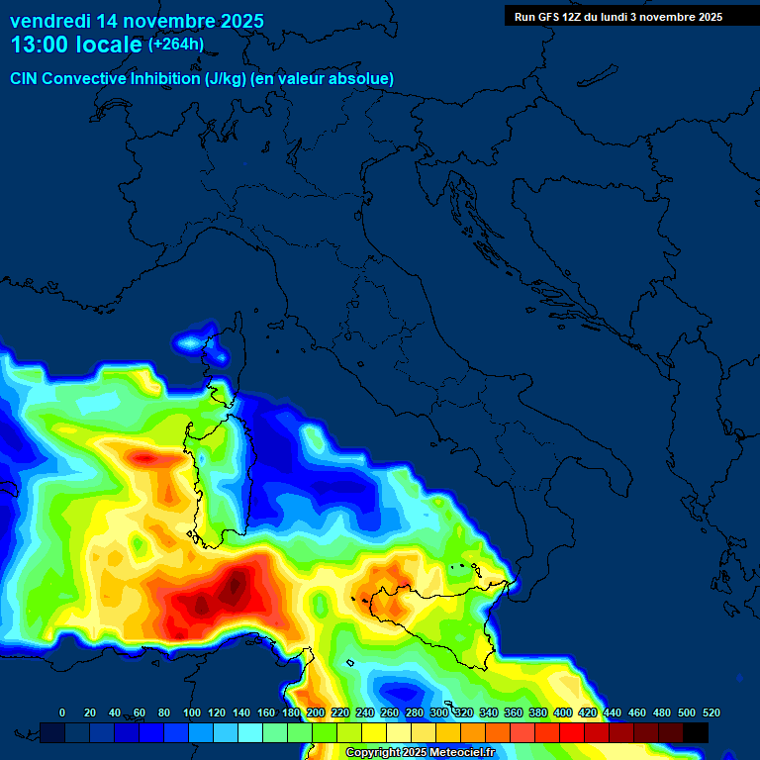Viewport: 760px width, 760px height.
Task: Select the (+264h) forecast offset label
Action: pyautogui.click(x=176, y=45)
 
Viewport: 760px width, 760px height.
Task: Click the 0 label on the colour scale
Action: pyautogui.click(x=62, y=712)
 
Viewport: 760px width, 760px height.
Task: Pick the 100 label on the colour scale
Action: pyautogui.click(x=191, y=712)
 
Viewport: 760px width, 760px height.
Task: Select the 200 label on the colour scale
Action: pyautogui.click(x=316, y=712)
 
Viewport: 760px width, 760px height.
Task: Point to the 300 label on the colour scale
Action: pyautogui.click(x=439, y=712)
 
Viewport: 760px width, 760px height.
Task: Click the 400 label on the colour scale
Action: pyautogui.click(x=563, y=712)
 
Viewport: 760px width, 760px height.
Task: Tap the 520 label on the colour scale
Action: pyautogui.click(x=711, y=712)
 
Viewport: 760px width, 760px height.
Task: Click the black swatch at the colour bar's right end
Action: pyautogui.click(x=696, y=732)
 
